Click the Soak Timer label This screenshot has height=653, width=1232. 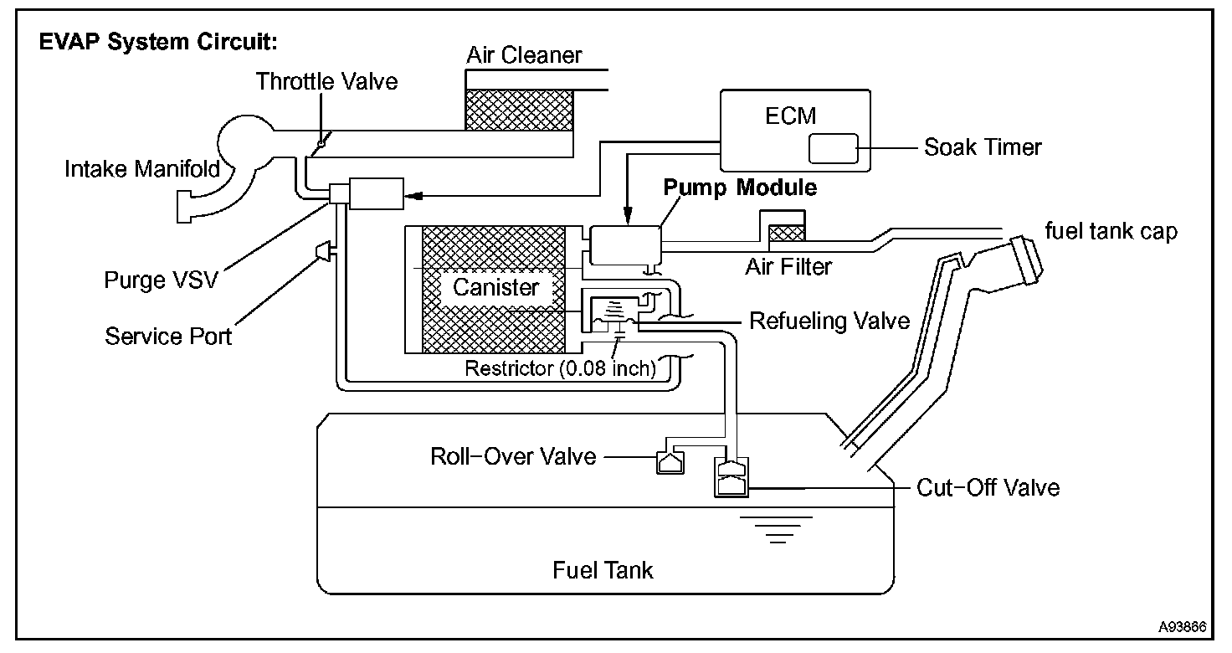pyautogui.click(x=983, y=148)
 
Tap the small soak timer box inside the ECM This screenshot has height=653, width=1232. pyautogui.click(x=833, y=148)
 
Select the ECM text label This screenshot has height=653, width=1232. pyautogui.click(x=790, y=116)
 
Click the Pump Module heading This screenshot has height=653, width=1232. pyautogui.click(x=740, y=188)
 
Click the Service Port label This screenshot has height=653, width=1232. pyautogui.click(x=168, y=337)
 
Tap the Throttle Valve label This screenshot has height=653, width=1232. pyautogui.click(x=326, y=81)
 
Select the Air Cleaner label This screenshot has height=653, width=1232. pyautogui.click(x=524, y=56)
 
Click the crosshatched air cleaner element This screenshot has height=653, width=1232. pyautogui.click(x=519, y=110)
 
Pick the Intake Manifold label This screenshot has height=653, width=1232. pyautogui.click(x=142, y=169)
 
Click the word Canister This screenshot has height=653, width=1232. pyautogui.click(x=495, y=288)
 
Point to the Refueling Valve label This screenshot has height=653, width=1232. pyautogui.click(x=829, y=321)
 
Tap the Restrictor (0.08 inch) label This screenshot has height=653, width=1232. pyautogui.click(x=560, y=368)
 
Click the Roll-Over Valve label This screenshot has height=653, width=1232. pyautogui.click(x=513, y=456)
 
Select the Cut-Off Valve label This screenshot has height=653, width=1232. pyautogui.click(x=988, y=487)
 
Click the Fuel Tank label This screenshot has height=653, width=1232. pyautogui.click(x=603, y=571)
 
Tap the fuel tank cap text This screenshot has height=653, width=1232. pyautogui.click(x=1111, y=231)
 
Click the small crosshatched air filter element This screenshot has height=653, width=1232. pyautogui.click(x=786, y=232)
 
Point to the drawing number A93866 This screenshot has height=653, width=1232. pyautogui.click(x=1183, y=626)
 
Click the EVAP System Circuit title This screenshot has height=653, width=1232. pyautogui.click(x=158, y=42)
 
